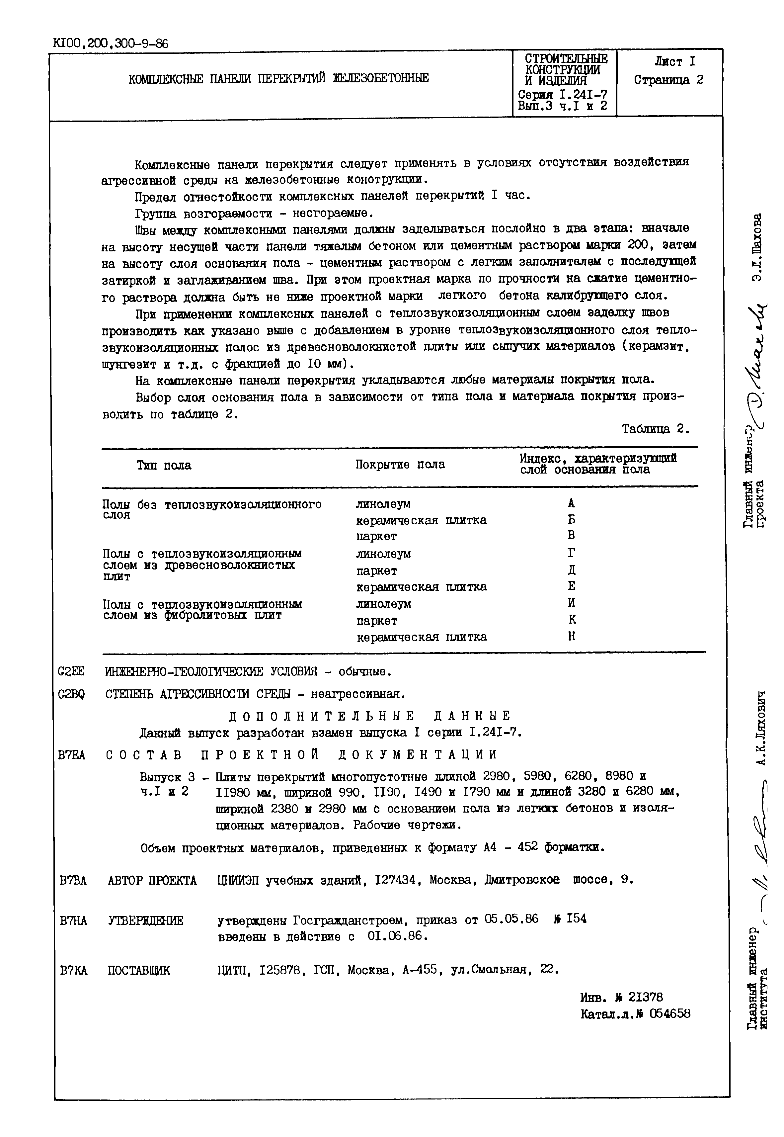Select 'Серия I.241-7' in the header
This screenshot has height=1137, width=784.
coord(563,94)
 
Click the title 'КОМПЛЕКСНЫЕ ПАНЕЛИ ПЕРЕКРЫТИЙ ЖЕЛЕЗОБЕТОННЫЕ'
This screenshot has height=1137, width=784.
coord(278,78)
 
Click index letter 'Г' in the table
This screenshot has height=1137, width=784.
coord(571,553)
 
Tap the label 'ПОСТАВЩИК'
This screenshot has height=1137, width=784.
coord(139,970)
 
